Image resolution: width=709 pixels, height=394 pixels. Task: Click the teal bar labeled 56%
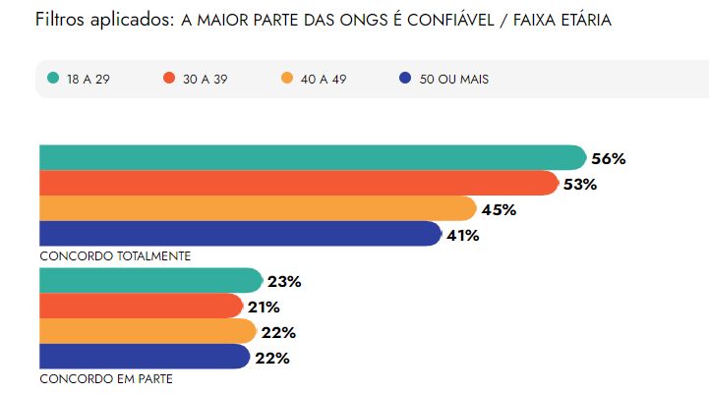point(313,157)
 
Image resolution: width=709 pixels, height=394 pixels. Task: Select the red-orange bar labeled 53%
point(299,183)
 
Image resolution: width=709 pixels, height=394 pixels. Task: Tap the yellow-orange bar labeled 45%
point(258,208)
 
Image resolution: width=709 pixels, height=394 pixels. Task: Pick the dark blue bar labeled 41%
point(240,234)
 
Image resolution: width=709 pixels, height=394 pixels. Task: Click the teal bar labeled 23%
point(150,281)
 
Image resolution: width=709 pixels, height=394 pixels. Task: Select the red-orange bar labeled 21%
point(141,307)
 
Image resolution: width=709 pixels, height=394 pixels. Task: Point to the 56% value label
point(609,158)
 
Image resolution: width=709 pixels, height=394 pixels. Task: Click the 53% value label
point(580,184)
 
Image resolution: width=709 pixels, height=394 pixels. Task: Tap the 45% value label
point(499,209)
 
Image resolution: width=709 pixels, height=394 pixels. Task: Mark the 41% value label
point(462,235)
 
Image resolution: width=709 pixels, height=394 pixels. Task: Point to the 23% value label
point(283,282)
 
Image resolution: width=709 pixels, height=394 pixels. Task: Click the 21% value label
point(264,308)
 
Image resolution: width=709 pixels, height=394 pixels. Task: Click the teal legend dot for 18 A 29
point(53,79)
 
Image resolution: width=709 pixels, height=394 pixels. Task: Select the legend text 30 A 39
point(205,79)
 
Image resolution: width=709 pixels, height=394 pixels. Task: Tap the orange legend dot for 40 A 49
point(287,79)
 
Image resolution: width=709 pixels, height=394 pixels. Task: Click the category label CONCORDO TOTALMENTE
point(115,255)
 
